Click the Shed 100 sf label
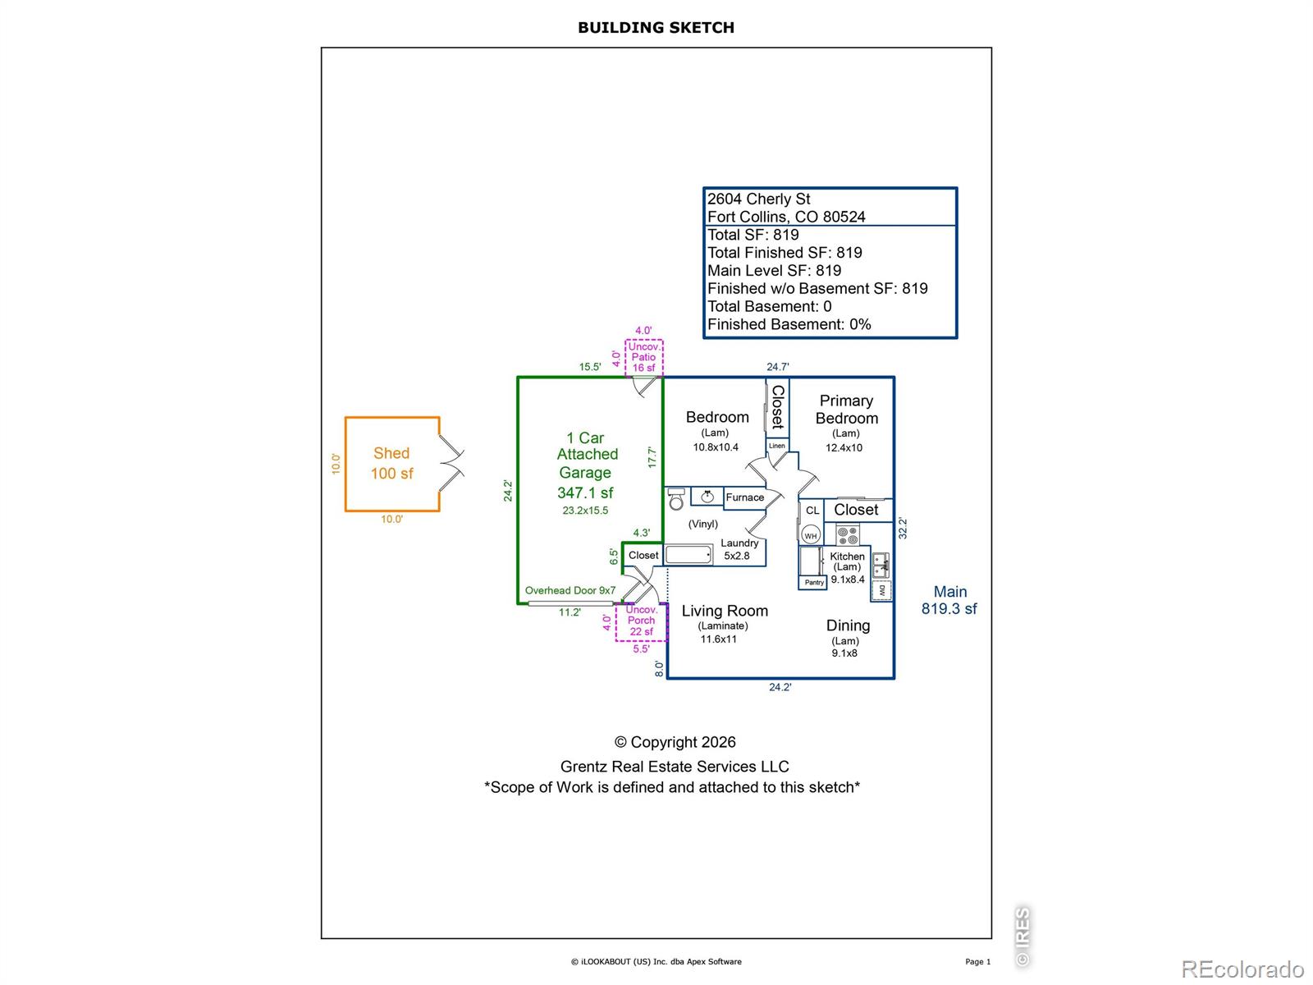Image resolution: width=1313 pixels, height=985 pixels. (391, 464)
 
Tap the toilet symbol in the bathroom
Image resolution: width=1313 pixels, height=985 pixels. (676, 499)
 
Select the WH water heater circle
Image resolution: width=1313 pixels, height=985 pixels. (811, 535)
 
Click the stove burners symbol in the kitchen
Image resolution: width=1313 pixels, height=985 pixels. (847, 535)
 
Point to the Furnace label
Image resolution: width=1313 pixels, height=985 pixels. (745, 497)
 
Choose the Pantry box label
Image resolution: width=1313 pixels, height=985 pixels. (813, 583)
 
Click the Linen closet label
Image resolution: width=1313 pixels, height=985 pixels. (777, 446)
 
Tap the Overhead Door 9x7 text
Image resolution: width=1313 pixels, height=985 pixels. (570, 590)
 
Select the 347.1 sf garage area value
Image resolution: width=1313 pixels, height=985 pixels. (585, 492)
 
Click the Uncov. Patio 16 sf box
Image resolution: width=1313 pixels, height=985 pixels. (643, 358)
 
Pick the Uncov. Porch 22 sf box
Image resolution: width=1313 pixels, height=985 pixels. (641, 622)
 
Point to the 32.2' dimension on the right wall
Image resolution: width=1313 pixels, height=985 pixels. (903, 529)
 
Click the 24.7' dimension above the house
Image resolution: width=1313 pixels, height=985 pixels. (778, 367)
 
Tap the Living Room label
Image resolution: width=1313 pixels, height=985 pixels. (725, 611)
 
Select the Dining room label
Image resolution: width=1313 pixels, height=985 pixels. (848, 625)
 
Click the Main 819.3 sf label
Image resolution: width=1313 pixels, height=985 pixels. (949, 600)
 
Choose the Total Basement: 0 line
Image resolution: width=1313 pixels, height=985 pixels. (769, 306)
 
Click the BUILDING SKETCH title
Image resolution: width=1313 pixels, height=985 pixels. (656, 28)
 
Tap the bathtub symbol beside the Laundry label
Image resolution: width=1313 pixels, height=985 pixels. (689, 554)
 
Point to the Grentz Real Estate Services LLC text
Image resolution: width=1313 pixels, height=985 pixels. (675, 766)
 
